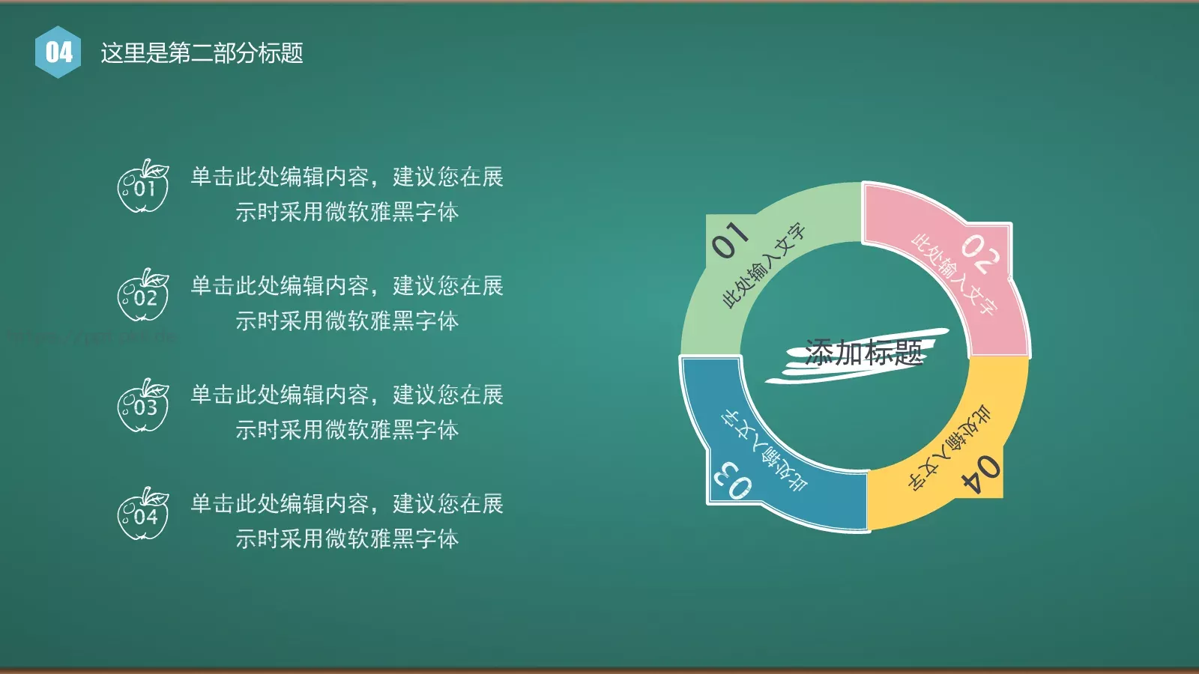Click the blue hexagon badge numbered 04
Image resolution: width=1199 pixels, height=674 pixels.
[58, 52]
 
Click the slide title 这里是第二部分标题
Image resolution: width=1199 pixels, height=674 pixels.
[202, 53]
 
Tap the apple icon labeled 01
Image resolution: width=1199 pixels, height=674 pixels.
[142, 187]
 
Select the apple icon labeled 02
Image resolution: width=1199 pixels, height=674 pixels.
[142, 296]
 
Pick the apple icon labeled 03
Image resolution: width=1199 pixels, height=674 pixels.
[142, 405]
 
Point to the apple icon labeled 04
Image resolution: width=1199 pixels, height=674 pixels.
[142, 514]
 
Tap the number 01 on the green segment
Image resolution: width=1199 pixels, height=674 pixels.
[730, 240]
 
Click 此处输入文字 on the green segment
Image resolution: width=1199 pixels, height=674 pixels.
[764, 265]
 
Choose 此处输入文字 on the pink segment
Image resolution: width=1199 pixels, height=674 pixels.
[954, 274]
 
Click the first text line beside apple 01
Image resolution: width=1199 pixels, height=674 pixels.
[346, 177]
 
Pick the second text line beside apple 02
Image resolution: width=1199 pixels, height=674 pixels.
[346, 321]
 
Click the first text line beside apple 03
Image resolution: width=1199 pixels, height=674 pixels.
[346, 395]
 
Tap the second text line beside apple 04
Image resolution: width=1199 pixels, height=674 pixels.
[346, 538]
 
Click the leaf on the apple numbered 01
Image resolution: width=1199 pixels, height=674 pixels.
[157, 169]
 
